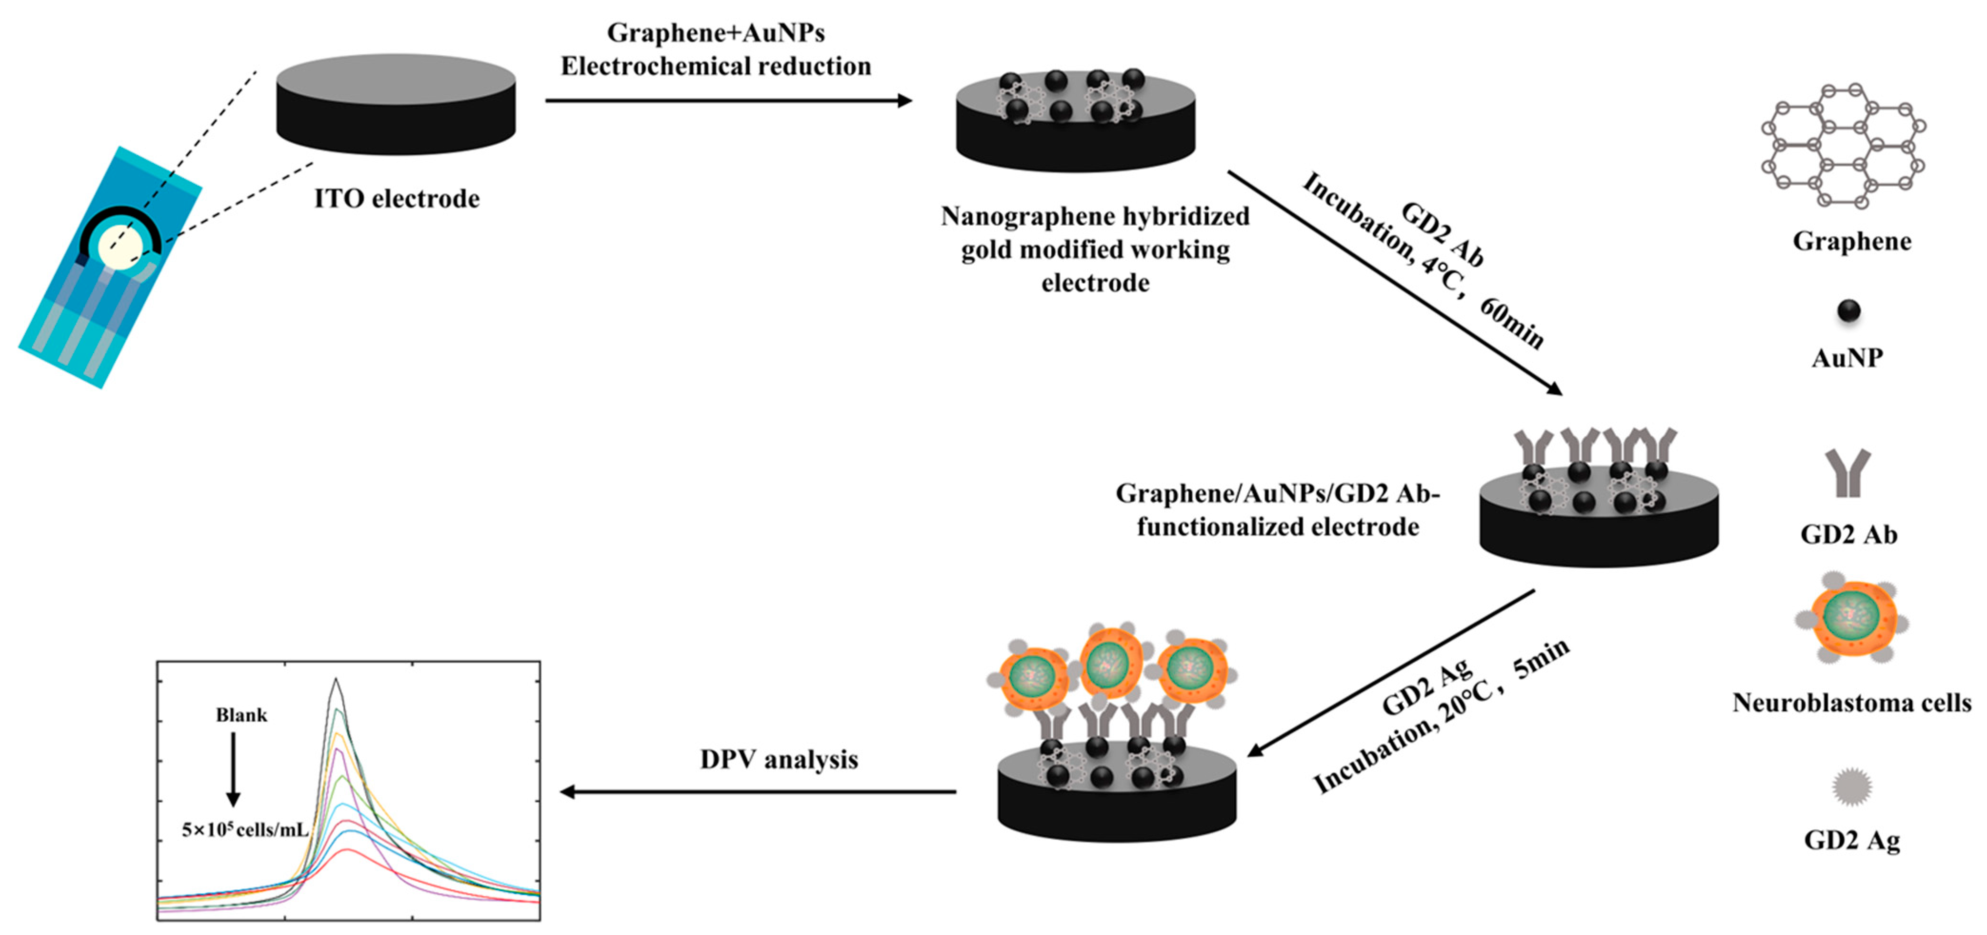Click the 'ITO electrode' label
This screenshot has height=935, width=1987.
click(396, 199)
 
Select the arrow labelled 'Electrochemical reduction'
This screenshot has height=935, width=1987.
click(728, 100)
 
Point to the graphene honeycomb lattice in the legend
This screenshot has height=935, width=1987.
click(1843, 147)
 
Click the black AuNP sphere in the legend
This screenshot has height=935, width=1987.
click(1849, 311)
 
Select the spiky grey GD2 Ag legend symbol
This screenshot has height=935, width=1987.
click(1851, 786)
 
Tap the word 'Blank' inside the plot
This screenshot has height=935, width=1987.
click(241, 716)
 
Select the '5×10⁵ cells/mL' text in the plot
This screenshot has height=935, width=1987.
click(245, 830)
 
